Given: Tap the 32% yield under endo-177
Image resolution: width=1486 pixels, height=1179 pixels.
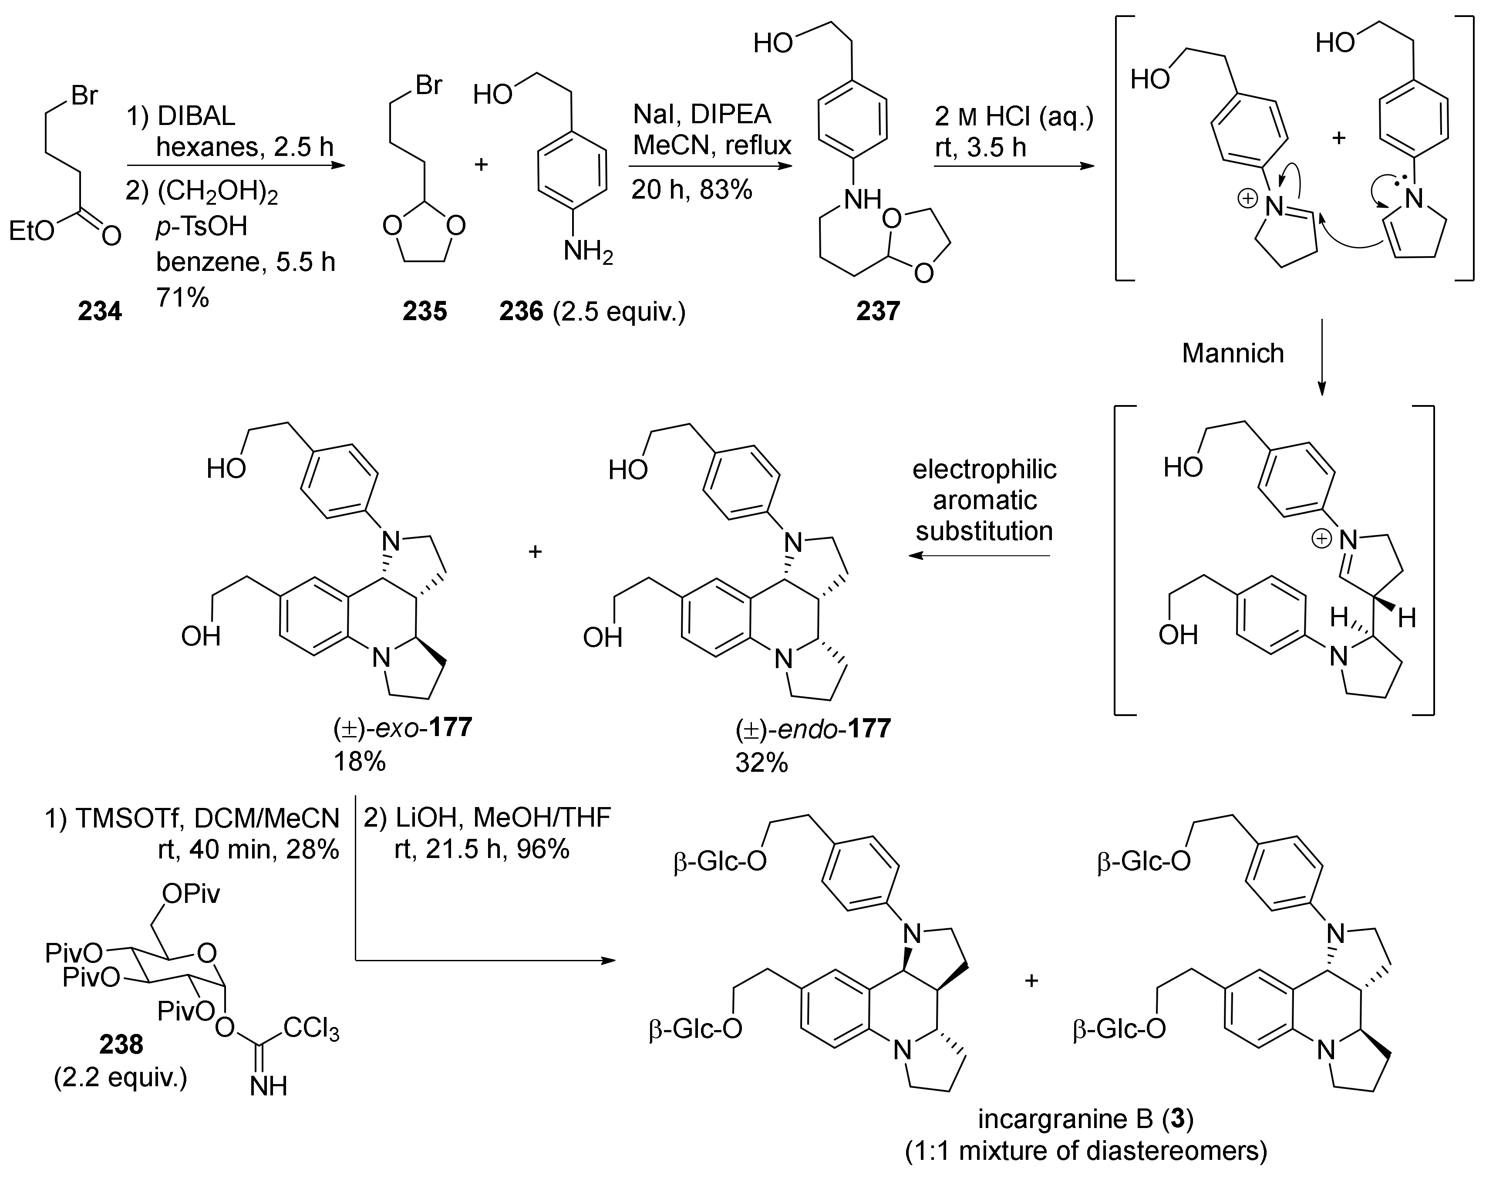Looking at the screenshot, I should tap(762, 763).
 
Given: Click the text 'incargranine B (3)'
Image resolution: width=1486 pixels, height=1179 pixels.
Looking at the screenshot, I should tap(1085, 1119).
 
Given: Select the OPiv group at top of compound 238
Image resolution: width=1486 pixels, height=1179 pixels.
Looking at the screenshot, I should tap(191, 894).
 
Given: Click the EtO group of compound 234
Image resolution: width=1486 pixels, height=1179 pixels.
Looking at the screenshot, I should tap(31, 231).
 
